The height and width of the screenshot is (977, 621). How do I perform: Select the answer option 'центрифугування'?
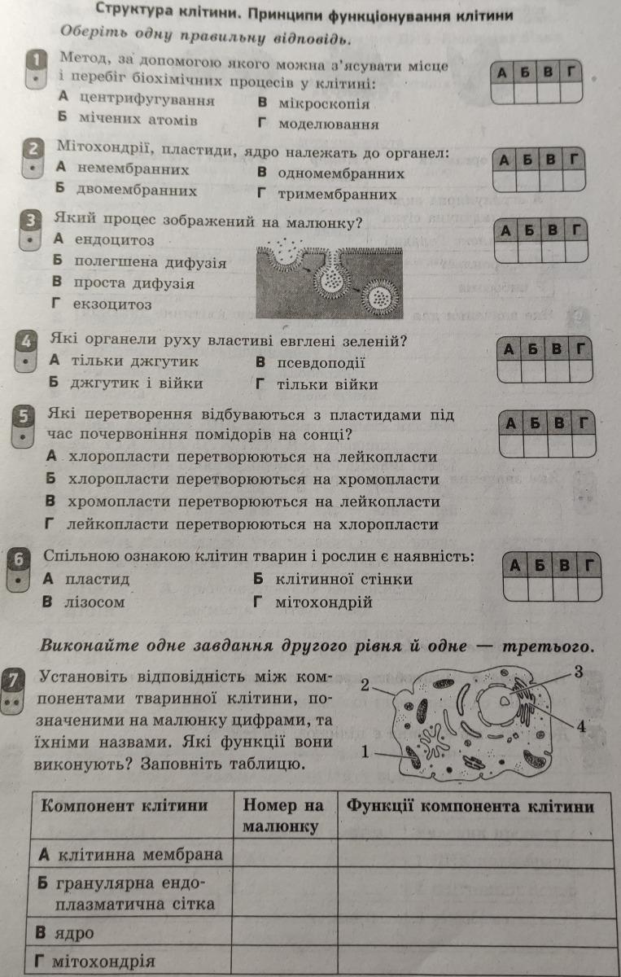(x=147, y=100)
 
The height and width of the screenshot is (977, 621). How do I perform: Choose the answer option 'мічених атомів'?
(x=138, y=119)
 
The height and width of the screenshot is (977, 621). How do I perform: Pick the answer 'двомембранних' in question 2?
(x=137, y=190)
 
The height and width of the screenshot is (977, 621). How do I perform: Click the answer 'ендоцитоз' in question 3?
(x=114, y=240)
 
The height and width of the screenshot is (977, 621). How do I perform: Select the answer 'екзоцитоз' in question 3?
(x=112, y=304)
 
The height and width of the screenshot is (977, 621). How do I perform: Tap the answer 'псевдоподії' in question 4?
(x=321, y=363)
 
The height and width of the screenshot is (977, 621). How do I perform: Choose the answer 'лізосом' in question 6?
(x=94, y=602)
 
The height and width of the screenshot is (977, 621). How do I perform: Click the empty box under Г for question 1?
(x=571, y=93)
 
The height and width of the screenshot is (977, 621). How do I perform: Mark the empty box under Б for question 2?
(x=527, y=181)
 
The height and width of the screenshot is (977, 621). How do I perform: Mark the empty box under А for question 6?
(x=515, y=589)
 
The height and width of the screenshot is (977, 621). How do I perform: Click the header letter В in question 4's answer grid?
(x=557, y=349)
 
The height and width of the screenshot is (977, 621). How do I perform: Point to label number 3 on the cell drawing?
(x=578, y=672)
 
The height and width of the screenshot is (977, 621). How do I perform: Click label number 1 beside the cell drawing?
(x=365, y=752)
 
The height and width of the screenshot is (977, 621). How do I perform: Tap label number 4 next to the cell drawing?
(x=581, y=726)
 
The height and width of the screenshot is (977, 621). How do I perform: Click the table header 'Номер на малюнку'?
(x=283, y=815)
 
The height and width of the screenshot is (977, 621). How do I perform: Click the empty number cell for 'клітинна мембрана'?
(x=285, y=854)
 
